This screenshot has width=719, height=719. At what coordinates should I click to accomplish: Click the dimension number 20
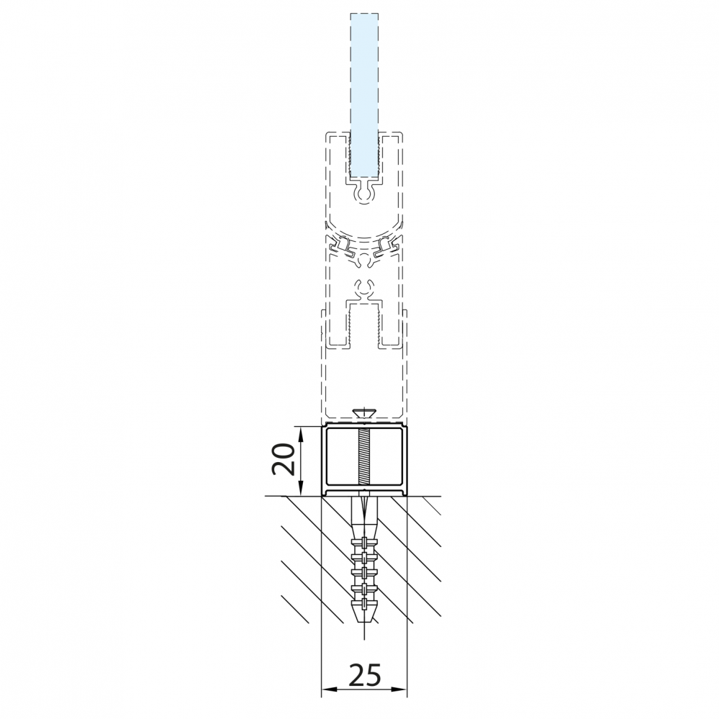point(282,460)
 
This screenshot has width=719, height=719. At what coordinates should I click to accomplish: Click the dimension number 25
point(365,674)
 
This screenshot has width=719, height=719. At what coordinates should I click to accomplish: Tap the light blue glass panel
point(364,96)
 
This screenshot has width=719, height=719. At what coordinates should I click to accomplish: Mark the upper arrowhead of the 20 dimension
point(300,433)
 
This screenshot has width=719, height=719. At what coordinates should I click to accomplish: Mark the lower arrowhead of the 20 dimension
point(300,489)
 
